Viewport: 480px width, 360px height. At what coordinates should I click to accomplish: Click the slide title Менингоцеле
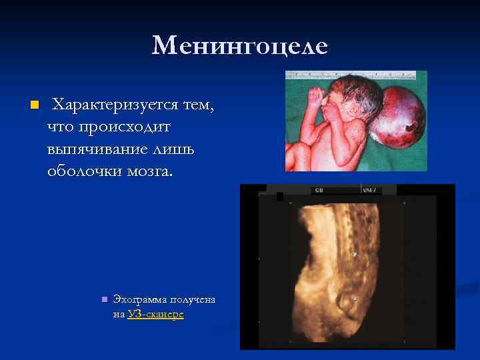coord(239,46)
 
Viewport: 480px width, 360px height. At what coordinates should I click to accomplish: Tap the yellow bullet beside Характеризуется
coord(34,106)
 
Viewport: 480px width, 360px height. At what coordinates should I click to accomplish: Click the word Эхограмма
coord(140,300)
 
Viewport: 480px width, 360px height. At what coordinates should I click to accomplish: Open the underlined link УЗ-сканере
coord(155,314)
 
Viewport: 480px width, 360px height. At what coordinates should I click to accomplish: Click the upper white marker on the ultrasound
coord(355,253)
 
